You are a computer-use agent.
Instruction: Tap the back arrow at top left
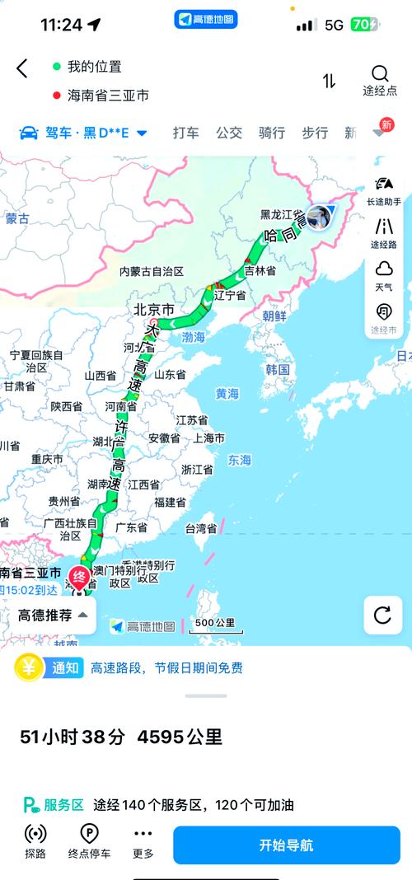(x=22, y=69)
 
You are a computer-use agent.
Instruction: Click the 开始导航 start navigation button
(x=286, y=845)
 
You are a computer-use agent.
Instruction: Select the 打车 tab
(x=185, y=133)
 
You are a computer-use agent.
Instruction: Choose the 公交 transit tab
(x=229, y=133)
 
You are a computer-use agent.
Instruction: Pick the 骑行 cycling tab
(x=272, y=133)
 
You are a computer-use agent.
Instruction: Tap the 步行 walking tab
(x=315, y=133)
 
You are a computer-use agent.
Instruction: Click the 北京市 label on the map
(x=154, y=311)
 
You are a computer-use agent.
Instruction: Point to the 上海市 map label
(x=209, y=438)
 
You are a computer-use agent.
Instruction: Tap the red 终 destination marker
(x=79, y=577)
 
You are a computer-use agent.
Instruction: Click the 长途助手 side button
(x=384, y=190)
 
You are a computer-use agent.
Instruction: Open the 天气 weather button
(x=384, y=275)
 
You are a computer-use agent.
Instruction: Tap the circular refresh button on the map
(x=383, y=615)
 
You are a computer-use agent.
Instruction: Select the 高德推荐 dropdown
(x=53, y=615)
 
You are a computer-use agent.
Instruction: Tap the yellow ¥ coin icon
(x=29, y=667)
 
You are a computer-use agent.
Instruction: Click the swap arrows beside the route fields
(x=330, y=81)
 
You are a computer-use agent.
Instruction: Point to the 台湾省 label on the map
(x=199, y=528)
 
